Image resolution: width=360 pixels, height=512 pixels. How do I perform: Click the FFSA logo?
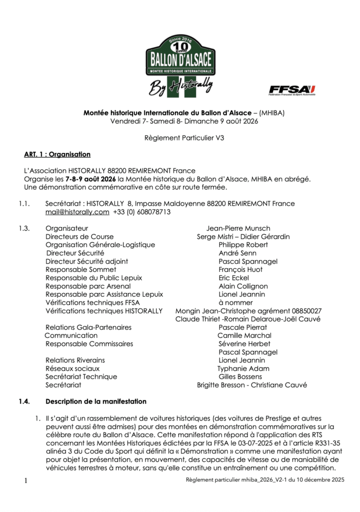pos(292,89)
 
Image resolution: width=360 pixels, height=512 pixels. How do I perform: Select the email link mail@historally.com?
pos(77,212)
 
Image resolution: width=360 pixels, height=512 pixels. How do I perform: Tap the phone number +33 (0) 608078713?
pos(142,212)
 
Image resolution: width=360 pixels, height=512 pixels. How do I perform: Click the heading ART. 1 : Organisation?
pos(57,154)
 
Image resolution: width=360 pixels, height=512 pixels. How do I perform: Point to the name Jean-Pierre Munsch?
pos(238,228)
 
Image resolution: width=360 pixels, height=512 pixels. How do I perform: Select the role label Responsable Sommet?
pos(80,269)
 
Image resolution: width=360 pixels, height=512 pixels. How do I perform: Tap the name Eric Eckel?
pos(233,278)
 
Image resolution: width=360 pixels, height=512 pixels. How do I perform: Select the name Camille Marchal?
pos(244,335)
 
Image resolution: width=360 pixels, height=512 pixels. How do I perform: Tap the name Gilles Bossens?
pos(240,376)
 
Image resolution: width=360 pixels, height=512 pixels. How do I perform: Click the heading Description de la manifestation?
pos(96,401)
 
